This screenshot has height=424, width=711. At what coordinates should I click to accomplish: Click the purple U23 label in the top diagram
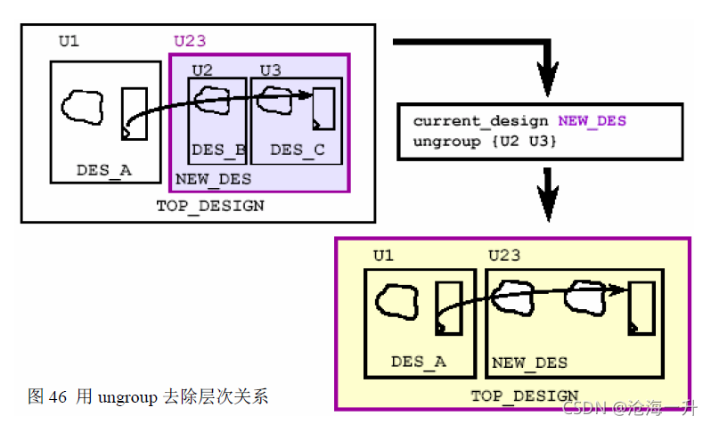[x=190, y=41]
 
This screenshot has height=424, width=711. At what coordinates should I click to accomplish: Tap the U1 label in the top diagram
[x=69, y=41]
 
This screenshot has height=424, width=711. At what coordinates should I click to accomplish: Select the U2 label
[x=202, y=69]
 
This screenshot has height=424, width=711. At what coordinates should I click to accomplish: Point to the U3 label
[x=270, y=69]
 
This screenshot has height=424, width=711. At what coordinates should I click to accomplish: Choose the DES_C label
[x=297, y=150]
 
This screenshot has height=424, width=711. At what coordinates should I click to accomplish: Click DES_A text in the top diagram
[x=103, y=168]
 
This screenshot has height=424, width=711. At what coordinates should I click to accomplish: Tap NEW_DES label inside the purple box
[x=213, y=179]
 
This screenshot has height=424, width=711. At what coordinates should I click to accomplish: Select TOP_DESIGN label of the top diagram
[x=210, y=206]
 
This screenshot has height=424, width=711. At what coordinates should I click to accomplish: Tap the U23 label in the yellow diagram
[x=504, y=257]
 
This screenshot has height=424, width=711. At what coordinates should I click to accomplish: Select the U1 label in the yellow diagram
[x=383, y=257]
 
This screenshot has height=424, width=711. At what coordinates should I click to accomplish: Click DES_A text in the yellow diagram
[x=418, y=362]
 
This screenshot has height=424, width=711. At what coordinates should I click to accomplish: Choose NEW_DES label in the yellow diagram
[x=530, y=363]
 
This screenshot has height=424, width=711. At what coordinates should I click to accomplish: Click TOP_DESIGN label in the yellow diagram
[x=524, y=395]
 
